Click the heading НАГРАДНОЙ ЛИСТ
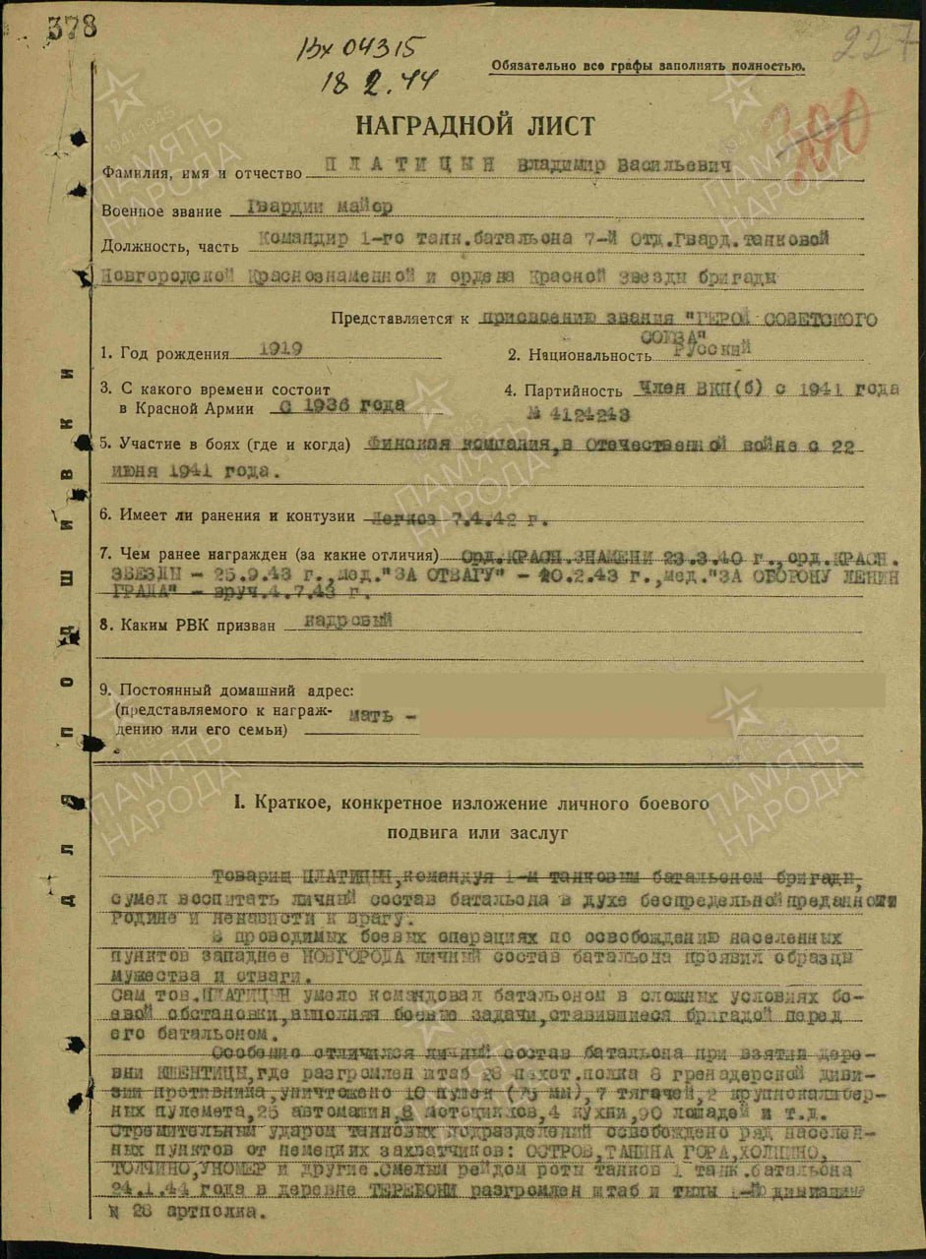point(474,126)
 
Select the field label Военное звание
point(157,210)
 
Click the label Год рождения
point(173,354)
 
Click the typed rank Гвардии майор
point(310,207)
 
